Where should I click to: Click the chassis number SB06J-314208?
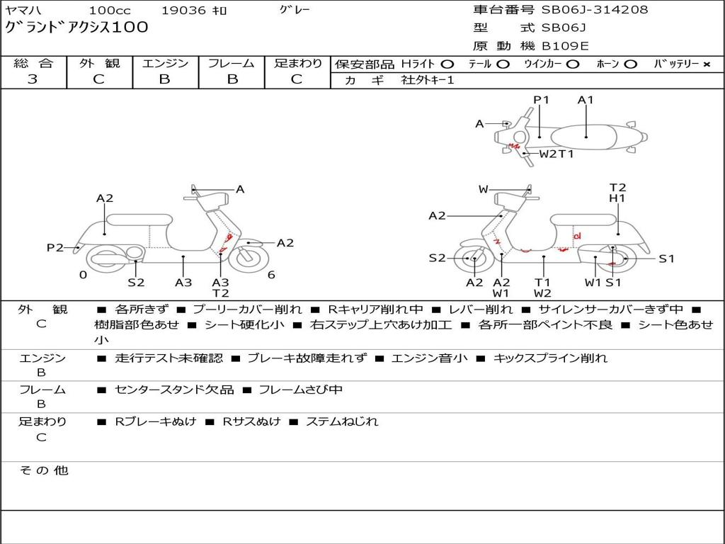click(595, 10)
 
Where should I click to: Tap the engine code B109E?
click(565, 47)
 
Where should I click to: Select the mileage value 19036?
click(183, 10)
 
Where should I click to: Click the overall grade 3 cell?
click(33, 79)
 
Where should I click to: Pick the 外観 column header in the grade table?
click(99, 63)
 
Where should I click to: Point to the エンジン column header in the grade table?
click(165, 63)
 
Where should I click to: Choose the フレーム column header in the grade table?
click(231, 63)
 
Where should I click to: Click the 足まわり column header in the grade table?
click(297, 63)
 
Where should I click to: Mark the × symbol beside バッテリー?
click(706, 64)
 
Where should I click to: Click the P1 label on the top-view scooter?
click(542, 100)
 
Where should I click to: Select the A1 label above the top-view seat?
click(586, 100)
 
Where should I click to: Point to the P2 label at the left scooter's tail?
click(55, 247)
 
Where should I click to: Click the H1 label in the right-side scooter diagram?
click(617, 199)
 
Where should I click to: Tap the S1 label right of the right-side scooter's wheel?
click(666, 259)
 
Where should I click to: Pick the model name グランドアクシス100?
click(77, 28)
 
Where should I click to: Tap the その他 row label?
click(43, 470)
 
